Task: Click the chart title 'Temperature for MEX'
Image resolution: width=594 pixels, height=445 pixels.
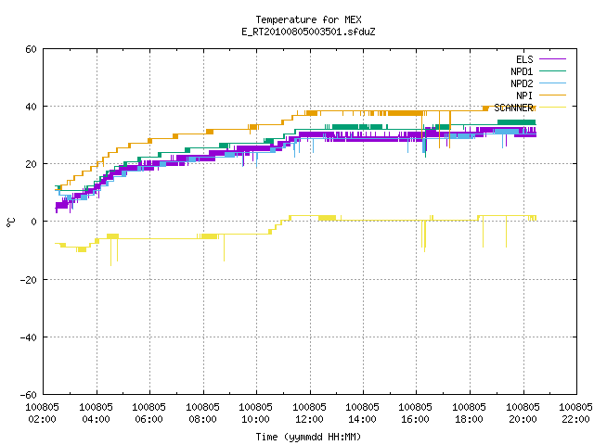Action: pos(308,19)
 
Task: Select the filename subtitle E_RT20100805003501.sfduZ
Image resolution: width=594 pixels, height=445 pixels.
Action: pos(308,32)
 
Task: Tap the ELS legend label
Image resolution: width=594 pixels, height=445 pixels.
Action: pos(524,59)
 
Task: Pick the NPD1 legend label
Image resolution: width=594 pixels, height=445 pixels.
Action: pos(522,71)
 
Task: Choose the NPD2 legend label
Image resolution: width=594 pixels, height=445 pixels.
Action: pos(522,83)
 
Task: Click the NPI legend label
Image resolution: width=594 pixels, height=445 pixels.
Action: pos(524,95)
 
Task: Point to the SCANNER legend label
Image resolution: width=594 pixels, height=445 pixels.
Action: pos(513,108)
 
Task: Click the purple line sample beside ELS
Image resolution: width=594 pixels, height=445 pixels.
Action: pos(552,59)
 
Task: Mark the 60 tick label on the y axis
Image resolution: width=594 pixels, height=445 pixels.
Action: pos(31,49)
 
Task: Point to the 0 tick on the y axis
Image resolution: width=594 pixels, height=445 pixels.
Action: pos(33,222)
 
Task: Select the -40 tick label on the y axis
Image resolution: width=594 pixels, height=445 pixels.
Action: pos(29,337)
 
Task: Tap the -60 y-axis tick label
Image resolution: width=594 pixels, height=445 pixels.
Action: pos(29,395)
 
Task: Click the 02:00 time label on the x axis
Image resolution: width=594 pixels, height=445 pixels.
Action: pos(42,419)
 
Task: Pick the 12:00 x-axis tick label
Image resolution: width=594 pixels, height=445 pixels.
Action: pos(309,419)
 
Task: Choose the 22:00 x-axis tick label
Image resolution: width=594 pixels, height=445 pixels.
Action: pos(575,419)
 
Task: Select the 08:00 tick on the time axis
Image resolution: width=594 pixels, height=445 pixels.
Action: pos(202,419)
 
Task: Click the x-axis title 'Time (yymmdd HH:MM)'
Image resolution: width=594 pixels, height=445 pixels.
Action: pos(308,437)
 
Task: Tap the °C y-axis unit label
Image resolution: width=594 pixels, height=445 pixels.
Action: pos(10,222)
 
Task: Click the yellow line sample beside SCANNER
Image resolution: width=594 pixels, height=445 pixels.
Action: pos(552,108)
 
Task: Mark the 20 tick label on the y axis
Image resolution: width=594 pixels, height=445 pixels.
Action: pos(31,164)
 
